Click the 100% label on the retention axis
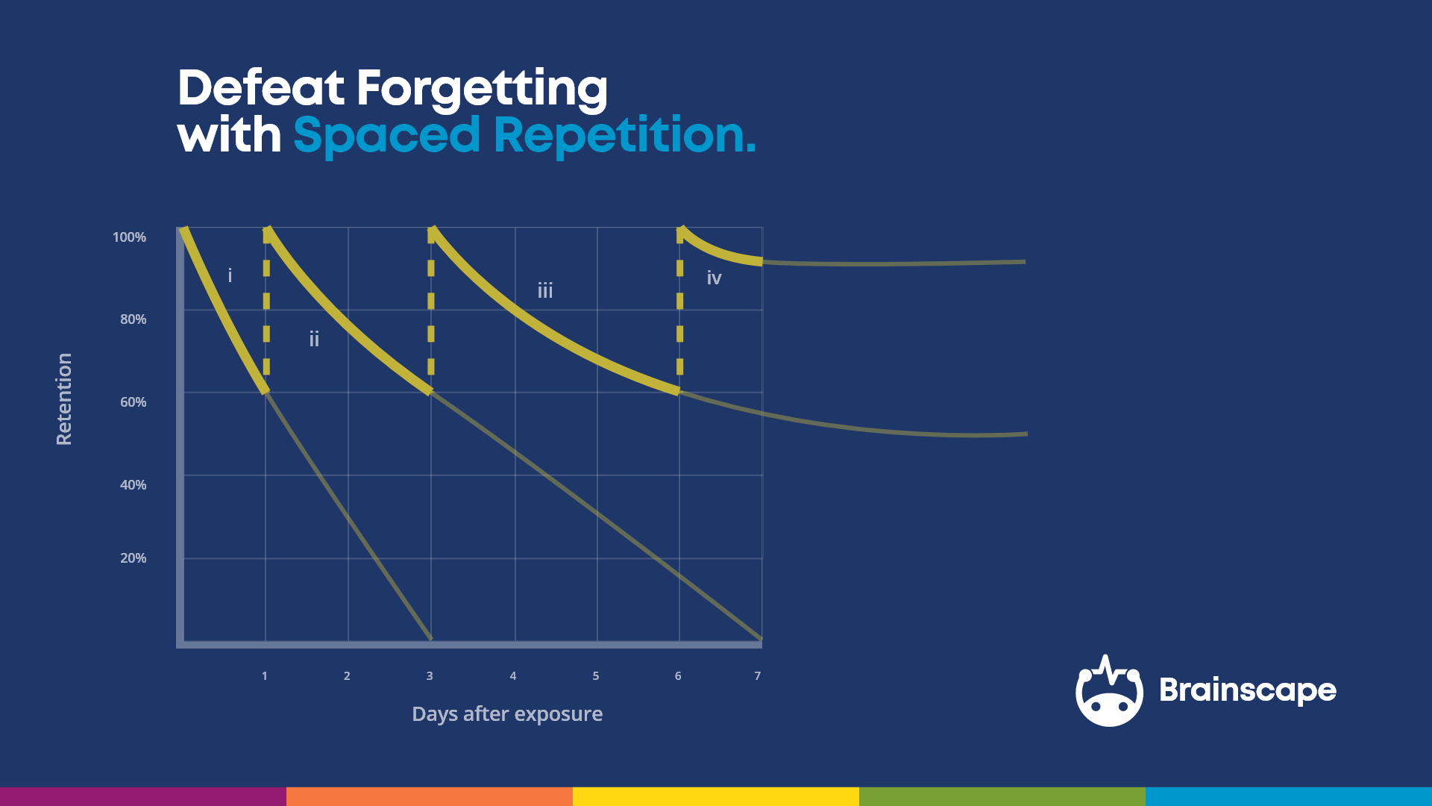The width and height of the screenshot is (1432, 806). click(129, 237)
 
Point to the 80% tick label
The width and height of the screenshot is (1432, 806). click(133, 319)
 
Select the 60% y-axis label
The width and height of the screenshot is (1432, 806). click(133, 402)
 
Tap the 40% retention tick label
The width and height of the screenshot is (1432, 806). click(133, 485)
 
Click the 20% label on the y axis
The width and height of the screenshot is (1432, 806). click(133, 558)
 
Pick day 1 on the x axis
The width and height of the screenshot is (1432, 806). click(264, 676)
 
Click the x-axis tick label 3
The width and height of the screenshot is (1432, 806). click(430, 676)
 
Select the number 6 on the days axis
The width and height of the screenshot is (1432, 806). click(678, 676)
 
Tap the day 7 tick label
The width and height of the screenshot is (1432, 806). click(758, 676)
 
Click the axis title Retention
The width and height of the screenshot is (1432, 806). click(64, 399)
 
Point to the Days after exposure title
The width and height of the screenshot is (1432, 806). click(507, 714)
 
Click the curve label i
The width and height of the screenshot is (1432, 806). click(230, 275)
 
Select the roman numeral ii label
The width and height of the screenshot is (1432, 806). click(314, 340)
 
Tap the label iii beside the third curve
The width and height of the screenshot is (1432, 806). click(545, 290)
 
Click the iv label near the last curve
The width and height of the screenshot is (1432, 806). click(714, 278)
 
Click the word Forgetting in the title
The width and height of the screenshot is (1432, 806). click(482, 90)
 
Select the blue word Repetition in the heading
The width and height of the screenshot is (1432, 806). click(624, 136)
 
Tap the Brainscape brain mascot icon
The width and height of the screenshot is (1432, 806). click(1109, 692)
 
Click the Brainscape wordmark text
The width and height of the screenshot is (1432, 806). click(1247, 690)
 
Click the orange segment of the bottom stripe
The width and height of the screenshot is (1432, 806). click(429, 796)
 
